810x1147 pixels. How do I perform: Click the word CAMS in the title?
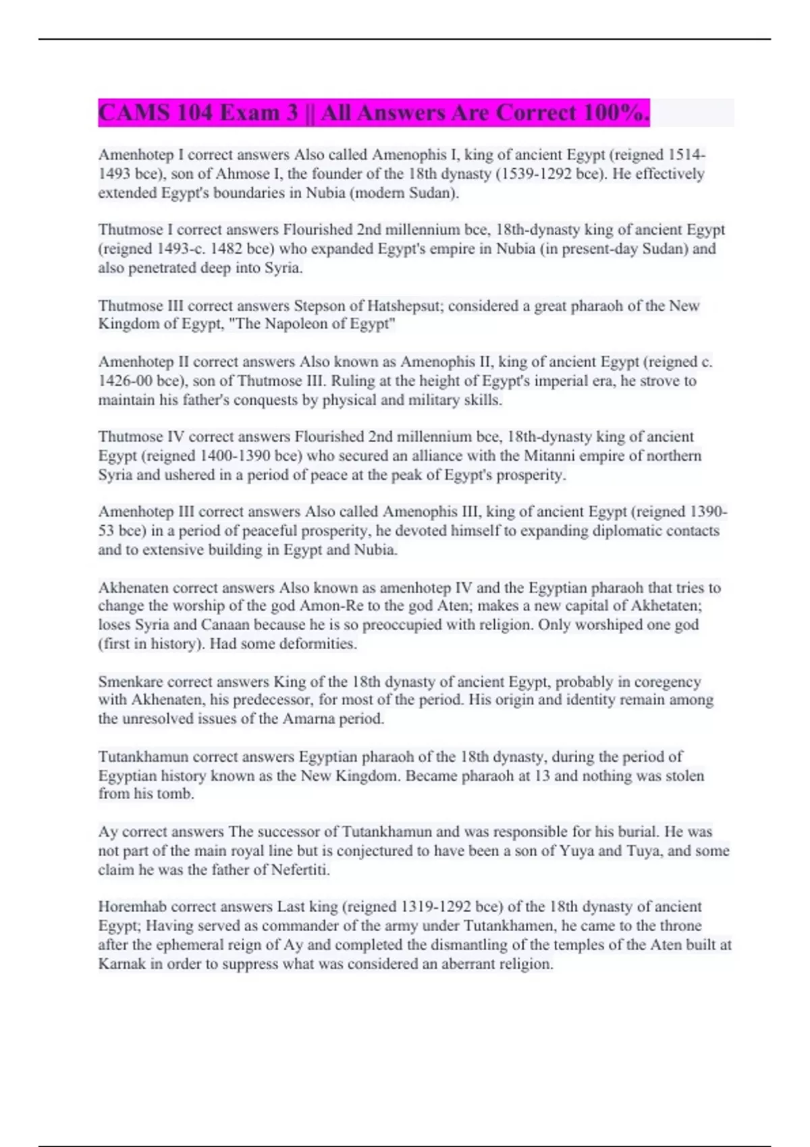coord(133,113)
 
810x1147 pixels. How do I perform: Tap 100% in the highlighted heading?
coord(616,113)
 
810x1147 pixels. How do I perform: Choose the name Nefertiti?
coord(300,870)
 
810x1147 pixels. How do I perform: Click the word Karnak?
coord(122,963)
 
